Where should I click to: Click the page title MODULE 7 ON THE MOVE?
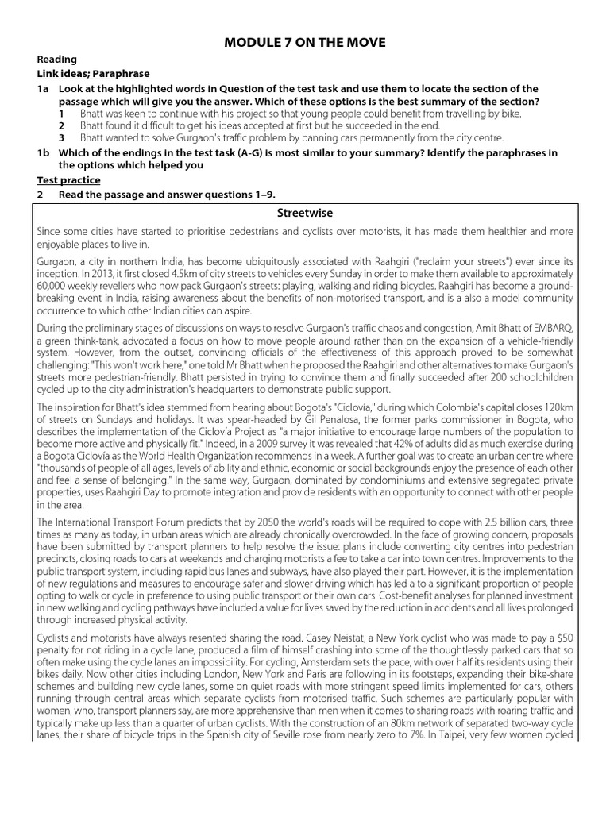point(304,40)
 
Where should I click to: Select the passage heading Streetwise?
point(304,213)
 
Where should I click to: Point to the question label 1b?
point(44,153)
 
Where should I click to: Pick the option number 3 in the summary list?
point(61,138)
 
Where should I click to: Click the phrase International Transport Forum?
point(106,522)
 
